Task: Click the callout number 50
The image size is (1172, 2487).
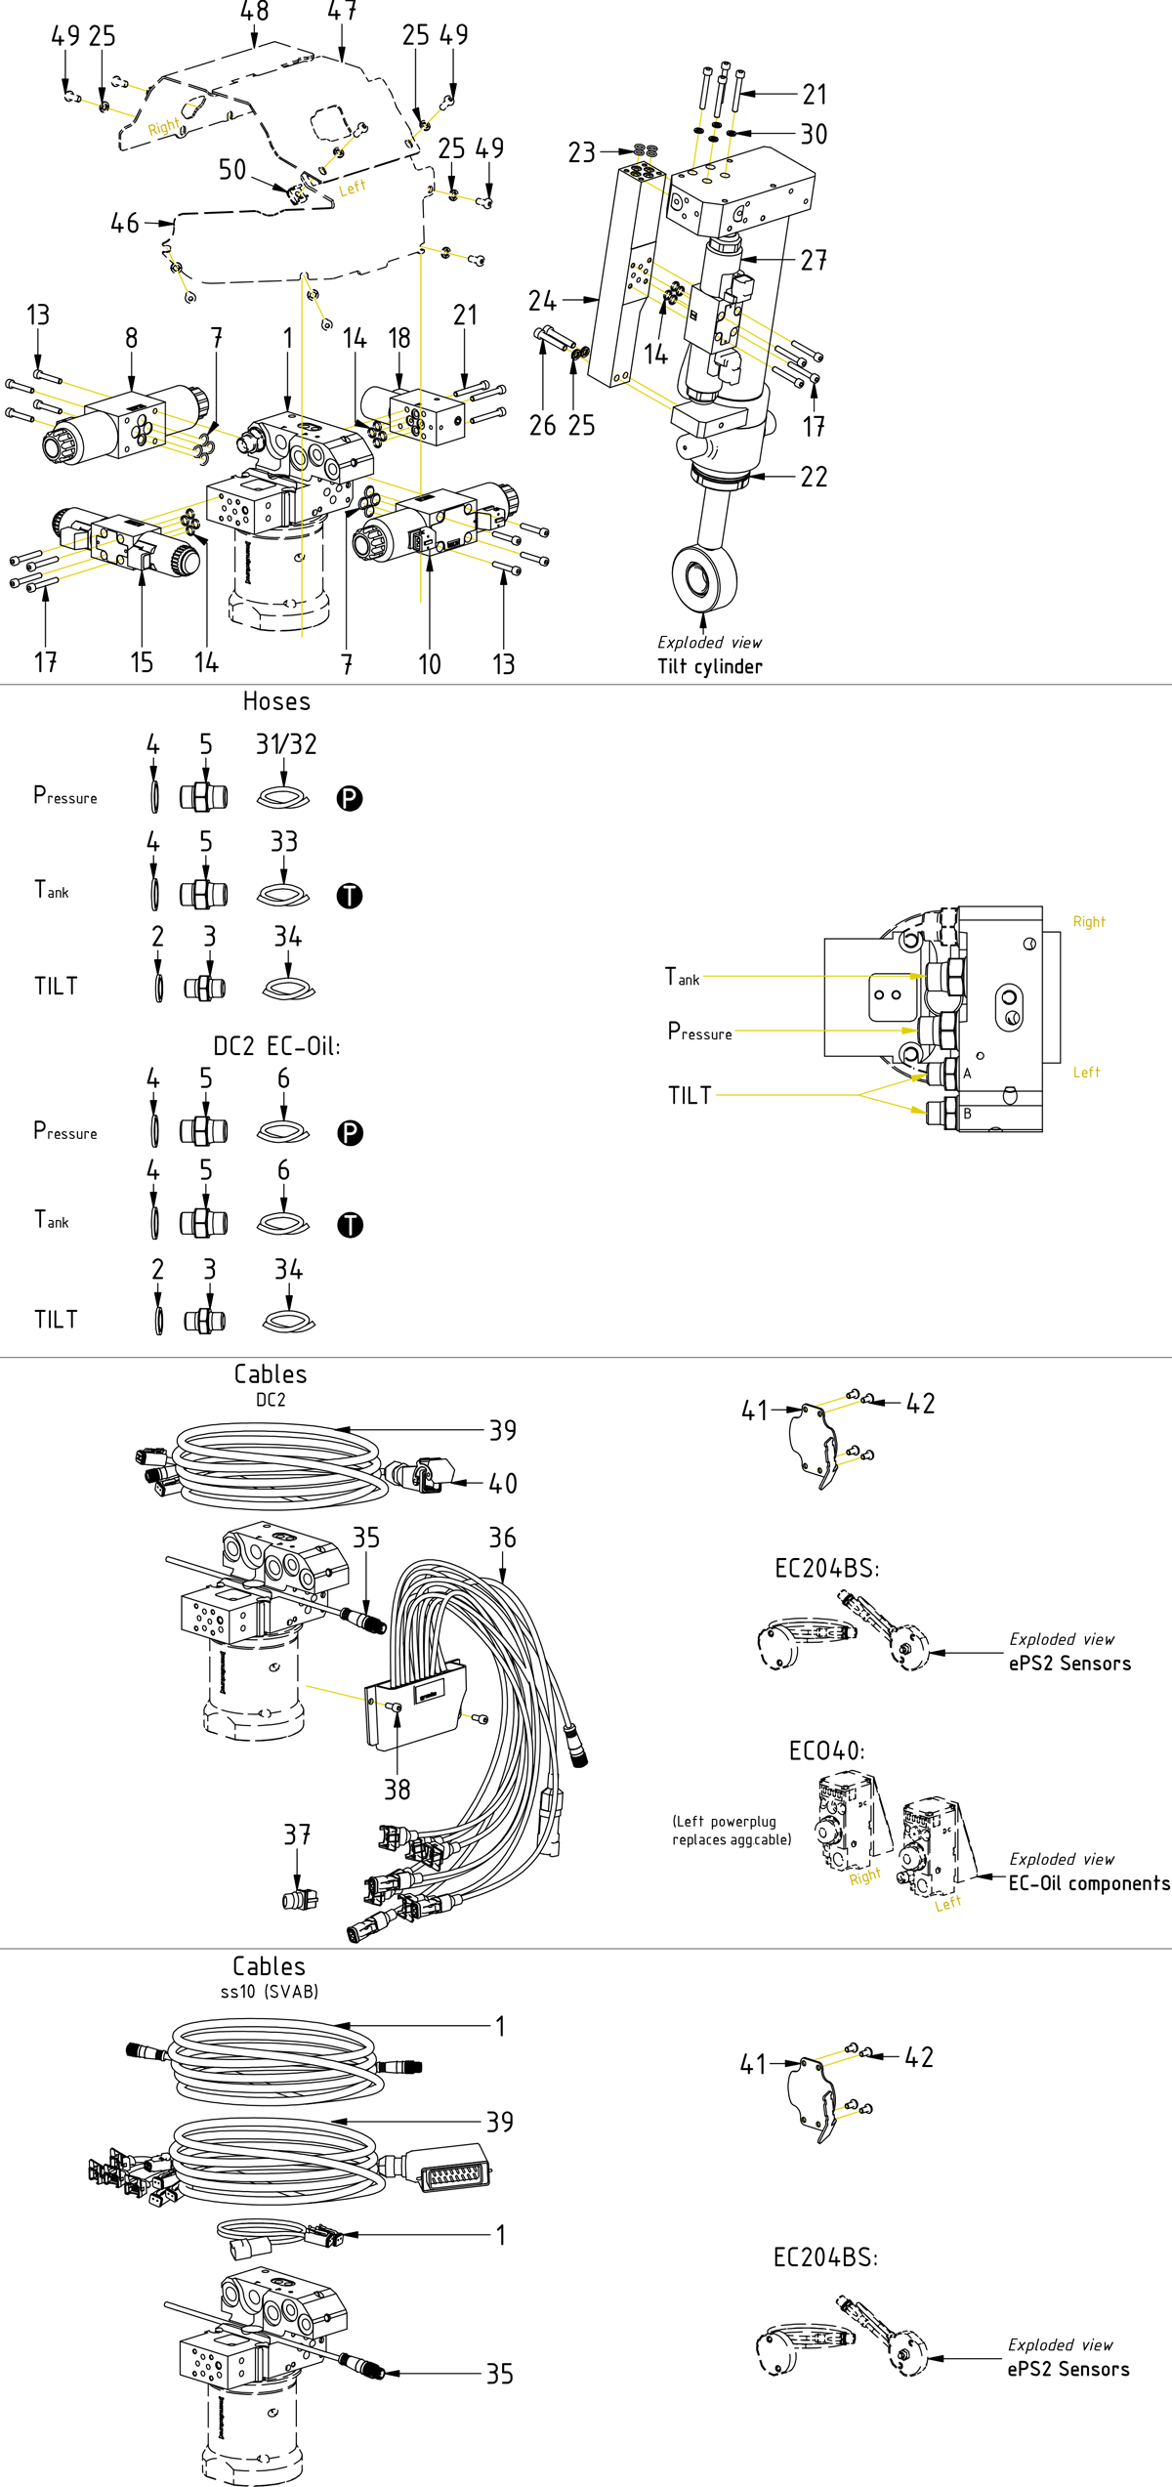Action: [x=232, y=170]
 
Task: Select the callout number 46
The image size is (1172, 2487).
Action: [x=125, y=224]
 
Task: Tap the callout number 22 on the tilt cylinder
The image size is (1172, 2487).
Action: [x=814, y=477]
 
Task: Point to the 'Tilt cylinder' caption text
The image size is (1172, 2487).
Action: [x=710, y=666]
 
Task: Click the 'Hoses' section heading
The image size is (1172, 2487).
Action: [x=276, y=701]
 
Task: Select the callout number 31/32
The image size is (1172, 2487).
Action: [x=286, y=745]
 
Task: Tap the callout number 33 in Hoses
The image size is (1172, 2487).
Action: [x=284, y=842]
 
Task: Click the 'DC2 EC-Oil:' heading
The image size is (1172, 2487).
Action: [x=276, y=1046]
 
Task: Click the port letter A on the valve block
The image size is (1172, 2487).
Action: [x=967, y=1074]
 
